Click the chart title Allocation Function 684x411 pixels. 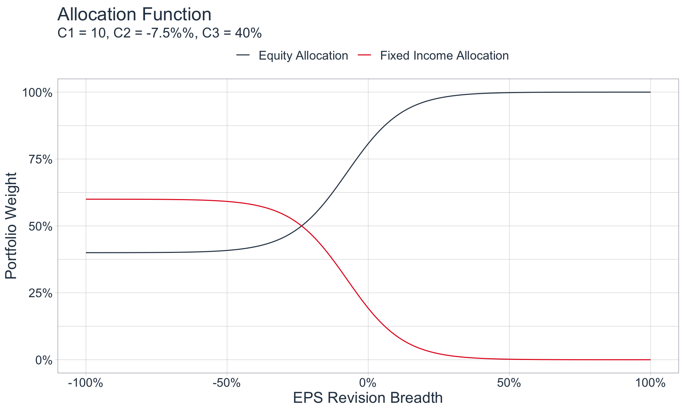click(134, 15)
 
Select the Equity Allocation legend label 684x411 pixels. click(303, 56)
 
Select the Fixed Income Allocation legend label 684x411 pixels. click(444, 56)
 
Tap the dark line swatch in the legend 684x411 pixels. click(243, 55)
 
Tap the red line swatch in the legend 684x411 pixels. click(364, 55)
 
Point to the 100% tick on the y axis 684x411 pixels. click(37, 93)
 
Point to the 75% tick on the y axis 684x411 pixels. click(40, 159)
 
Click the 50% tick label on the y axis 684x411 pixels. click(40, 227)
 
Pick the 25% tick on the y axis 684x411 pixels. click(40, 293)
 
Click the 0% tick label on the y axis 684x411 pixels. click(44, 360)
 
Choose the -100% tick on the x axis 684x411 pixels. click(85, 383)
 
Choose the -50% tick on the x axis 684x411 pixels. click(227, 383)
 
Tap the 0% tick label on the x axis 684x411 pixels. click(368, 383)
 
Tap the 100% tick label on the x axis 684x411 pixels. click(650, 383)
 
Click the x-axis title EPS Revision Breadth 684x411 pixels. click(368, 398)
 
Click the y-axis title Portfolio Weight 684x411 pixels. click(11, 226)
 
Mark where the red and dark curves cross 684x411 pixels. click(302, 226)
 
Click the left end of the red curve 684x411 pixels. click(86, 199)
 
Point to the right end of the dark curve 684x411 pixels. click(650, 92)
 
